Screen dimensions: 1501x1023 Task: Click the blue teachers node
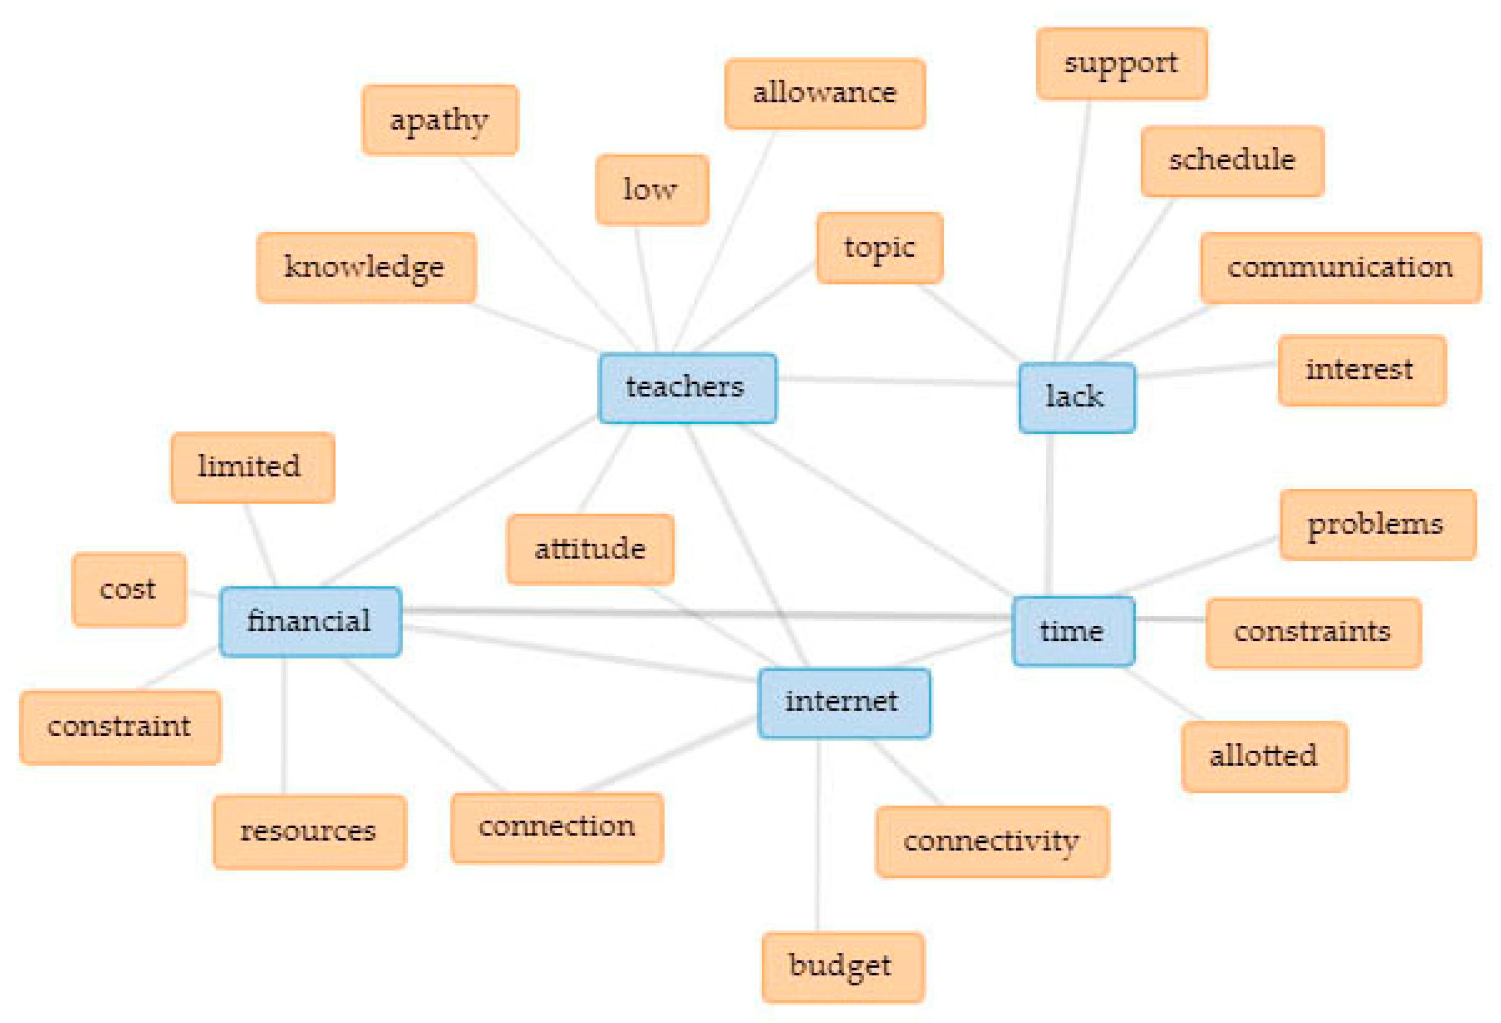coord(687,388)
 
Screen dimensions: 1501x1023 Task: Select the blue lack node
coord(1077,397)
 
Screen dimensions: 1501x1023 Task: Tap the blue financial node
coord(310,622)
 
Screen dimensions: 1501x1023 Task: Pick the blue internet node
coord(844,703)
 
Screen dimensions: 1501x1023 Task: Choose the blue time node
coord(1073,631)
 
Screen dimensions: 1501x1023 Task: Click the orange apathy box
coord(440,120)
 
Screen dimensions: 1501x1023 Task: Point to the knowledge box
coord(366,268)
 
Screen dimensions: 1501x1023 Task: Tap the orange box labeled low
coord(652,190)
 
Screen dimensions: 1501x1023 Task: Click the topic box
coord(879,248)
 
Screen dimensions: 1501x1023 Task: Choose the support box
coord(1121,64)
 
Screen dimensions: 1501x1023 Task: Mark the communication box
coord(1340,268)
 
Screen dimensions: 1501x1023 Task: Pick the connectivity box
coord(992,841)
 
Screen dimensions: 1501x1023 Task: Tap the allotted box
coord(1264,756)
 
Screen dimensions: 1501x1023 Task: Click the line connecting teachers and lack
coord(898,381)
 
